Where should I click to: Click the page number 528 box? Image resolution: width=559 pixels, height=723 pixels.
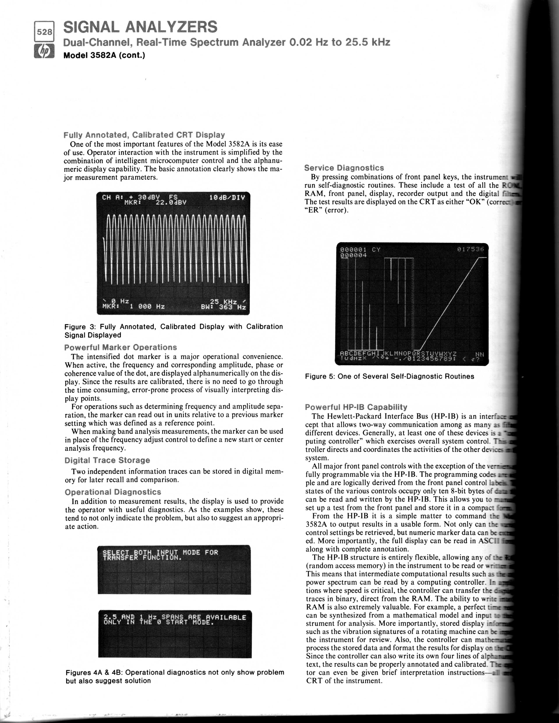[x=44, y=32]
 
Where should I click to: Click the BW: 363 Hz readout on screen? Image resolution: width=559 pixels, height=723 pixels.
[x=223, y=307]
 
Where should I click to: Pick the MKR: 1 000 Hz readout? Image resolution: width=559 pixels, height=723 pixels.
[x=133, y=307]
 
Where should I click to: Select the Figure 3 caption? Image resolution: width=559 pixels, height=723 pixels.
[x=173, y=331]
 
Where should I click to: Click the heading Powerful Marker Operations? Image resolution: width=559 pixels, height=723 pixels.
[x=120, y=347]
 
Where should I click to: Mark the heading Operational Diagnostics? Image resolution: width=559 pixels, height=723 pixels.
[x=113, y=492]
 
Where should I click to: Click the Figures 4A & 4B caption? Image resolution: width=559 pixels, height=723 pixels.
[x=175, y=676]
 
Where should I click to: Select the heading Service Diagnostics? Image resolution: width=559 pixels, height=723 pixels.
[x=344, y=168]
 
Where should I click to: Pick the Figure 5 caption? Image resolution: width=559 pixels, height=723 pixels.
[x=389, y=376]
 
